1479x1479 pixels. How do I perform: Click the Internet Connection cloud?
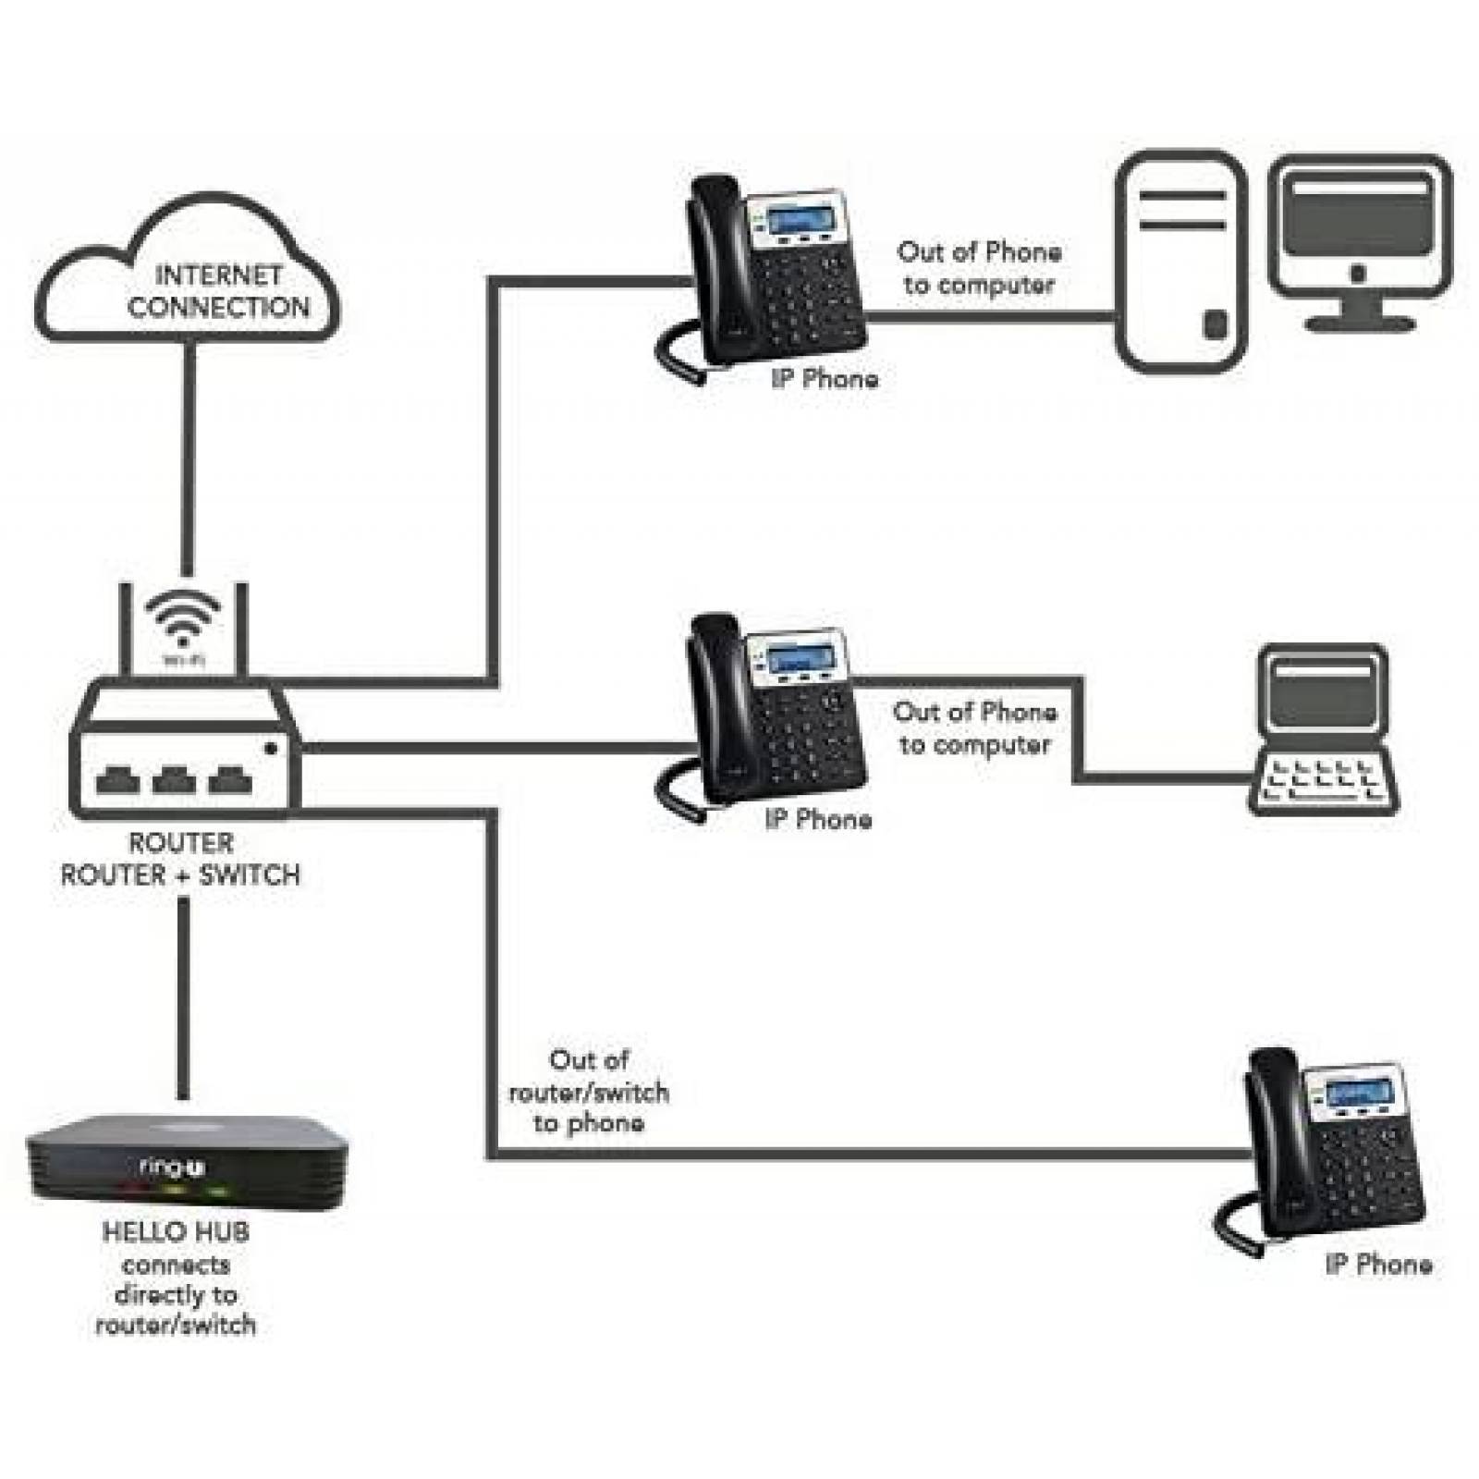tap(188, 277)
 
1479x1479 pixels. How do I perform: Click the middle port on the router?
tap(174, 781)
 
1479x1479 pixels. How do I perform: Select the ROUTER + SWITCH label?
tap(180, 874)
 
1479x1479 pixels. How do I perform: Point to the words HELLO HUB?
tap(176, 1232)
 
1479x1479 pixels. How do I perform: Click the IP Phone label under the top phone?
tap(825, 379)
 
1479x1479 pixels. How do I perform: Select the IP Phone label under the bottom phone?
tap(1378, 1265)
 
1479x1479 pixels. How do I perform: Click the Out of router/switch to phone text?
tap(589, 1092)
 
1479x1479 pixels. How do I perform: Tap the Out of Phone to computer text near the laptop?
tap(974, 728)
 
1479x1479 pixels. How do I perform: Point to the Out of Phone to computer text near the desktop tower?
tap(979, 268)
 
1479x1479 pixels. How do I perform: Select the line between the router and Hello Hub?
tap(183, 998)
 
